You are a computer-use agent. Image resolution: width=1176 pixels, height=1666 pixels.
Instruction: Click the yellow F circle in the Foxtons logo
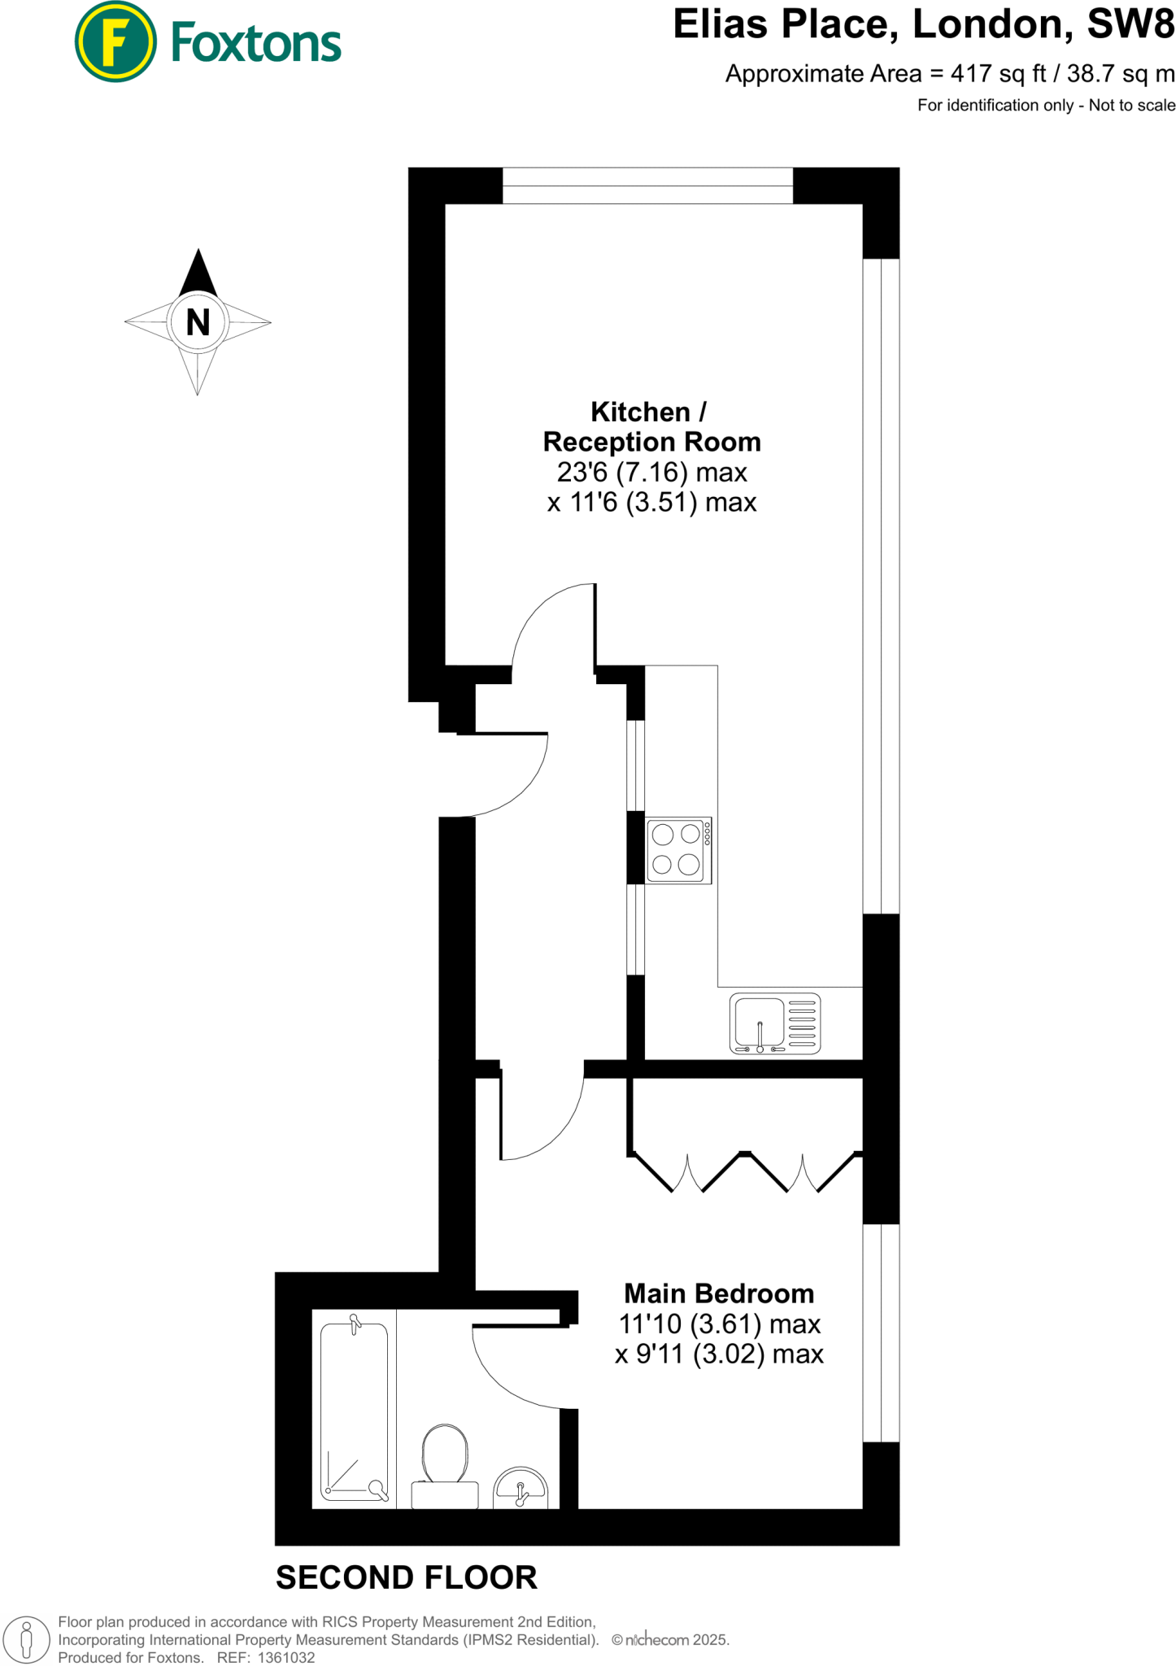(115, 41)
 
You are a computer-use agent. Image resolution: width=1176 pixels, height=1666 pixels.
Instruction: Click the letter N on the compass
(198, 323)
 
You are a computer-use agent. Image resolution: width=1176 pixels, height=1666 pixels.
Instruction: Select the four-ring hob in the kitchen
(678, 850)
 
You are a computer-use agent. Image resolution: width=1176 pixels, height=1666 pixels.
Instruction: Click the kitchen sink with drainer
(774, 1023)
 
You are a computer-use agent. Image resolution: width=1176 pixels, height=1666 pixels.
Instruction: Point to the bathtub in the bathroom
(354, 1410)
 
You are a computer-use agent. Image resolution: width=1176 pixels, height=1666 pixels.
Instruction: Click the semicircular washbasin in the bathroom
(521, 1488)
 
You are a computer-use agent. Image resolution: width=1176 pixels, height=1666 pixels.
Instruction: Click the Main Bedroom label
(718, 1293)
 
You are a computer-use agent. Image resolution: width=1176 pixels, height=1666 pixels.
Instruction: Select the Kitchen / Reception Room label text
(651, 427)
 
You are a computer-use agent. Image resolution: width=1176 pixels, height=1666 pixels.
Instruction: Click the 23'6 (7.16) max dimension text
(651, 472)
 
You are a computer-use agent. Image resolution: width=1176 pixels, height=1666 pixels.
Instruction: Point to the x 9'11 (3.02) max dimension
(718, 1354)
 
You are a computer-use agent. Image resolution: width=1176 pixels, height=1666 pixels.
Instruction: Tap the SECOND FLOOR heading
(406, 1577)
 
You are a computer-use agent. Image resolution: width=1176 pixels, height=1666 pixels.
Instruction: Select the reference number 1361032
(286, 1657)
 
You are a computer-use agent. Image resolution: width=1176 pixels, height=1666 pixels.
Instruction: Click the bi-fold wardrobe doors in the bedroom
(745, 1172)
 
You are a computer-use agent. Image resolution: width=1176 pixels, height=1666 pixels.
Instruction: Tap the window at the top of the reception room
(647, 185)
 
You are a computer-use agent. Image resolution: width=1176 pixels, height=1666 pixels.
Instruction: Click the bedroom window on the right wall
(881, 1333)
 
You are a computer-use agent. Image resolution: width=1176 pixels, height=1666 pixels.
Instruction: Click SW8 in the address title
(1130, 24)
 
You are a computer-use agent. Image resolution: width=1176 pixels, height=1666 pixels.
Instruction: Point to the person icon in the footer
(26, 1639)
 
